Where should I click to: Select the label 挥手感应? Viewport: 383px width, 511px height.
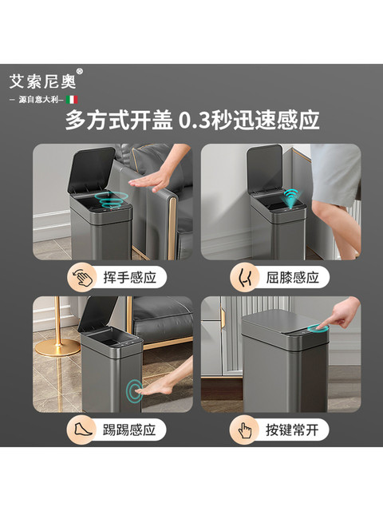[x=124, y=278]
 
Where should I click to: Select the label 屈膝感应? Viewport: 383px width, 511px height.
[x=290, y=278]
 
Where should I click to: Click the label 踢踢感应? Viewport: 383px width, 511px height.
[x=124, y=430]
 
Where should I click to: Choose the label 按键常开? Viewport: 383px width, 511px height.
[x=290, y=430]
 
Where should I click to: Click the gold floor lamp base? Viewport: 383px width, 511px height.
[x=57, y=347]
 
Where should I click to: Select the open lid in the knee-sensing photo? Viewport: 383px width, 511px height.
[x=264, y=168]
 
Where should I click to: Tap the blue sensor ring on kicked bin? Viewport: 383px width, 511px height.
[x=135, y=390]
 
